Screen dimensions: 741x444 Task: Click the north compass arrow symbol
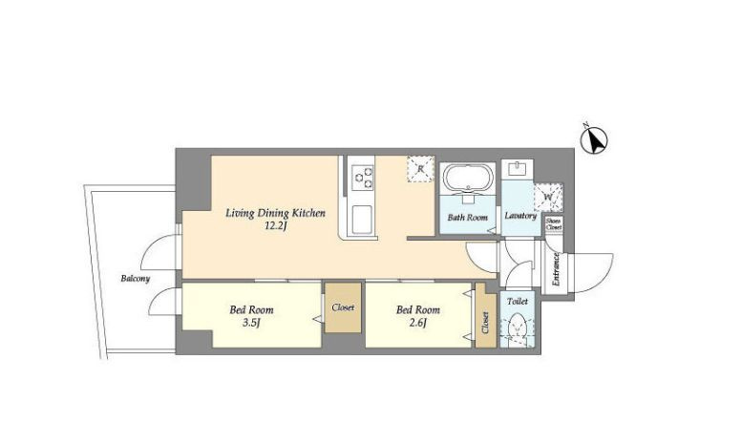595,139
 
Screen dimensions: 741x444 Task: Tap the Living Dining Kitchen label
275,213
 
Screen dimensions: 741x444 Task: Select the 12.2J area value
276,225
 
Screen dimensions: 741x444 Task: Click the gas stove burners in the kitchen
363,178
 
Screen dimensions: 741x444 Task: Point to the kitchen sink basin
362,220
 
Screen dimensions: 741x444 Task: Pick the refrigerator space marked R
420,169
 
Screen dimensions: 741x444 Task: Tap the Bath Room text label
467,218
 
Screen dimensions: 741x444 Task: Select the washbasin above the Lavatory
518,169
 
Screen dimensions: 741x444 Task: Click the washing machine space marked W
548,197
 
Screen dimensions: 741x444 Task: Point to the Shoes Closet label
554,224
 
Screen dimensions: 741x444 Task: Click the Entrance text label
556,269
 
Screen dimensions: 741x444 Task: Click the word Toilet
517,302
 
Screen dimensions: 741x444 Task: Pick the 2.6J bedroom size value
418,323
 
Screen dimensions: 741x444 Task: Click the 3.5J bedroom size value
251,323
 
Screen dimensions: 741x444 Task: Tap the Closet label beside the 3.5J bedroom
343,307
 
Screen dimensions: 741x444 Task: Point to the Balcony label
136,279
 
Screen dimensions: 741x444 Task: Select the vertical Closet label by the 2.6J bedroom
485,322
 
